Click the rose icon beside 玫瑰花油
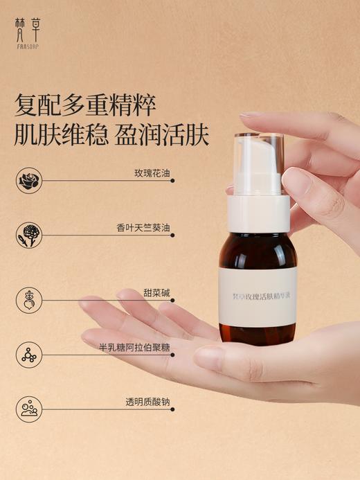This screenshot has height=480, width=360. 29,181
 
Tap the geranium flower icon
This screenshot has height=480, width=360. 29,235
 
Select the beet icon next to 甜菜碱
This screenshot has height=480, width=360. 29,300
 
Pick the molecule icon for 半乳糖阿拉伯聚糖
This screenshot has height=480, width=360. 29,354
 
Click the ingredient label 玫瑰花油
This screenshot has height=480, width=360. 151,172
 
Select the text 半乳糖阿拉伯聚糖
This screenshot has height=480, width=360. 134,346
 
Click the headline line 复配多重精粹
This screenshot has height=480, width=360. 85,105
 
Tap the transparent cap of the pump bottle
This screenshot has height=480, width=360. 258,156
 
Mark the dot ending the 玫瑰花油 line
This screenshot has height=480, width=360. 172,181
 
